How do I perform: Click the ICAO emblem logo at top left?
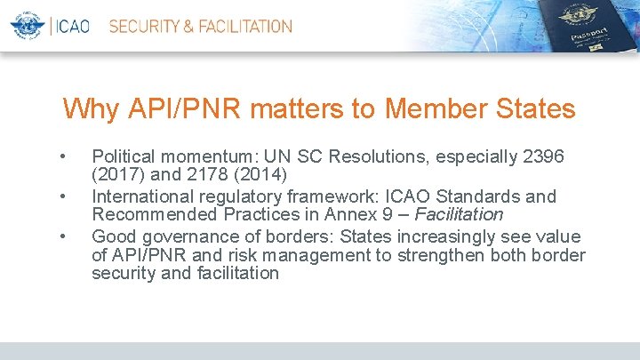click(x=27, y=26)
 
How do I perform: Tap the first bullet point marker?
click(x=62, y=157)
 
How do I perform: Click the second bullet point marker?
click(x=62, y=197)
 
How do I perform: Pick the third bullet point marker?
click(x=62, y=237)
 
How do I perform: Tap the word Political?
click(x=124, y=157)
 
